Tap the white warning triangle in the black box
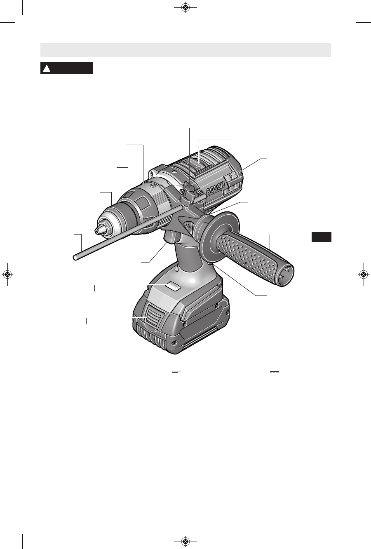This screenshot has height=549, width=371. (x=47, y=68)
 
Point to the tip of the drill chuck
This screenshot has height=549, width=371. (x=96, y=230)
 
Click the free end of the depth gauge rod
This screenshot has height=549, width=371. (x=75, y=258)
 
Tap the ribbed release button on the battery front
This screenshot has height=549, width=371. (x=154, y=318)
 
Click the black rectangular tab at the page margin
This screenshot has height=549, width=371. (x=321, y=237)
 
